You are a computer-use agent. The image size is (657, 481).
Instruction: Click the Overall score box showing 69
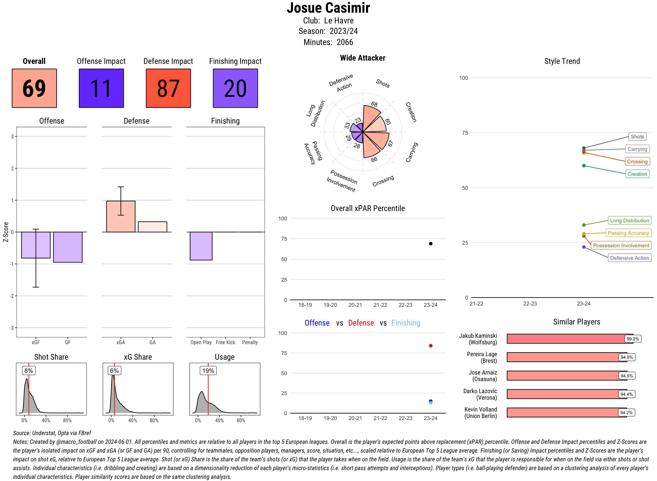(x=34, y=88)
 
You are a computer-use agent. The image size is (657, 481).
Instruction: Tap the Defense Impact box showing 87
(x=168, y=88)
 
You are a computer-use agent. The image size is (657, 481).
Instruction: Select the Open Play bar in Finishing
(x=201, y=246)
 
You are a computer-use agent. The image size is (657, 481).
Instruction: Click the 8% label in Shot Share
(x=28, y=371)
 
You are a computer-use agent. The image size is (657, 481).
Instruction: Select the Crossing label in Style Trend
(x=637, y=162)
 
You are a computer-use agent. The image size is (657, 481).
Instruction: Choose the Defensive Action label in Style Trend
(x=629, y=258)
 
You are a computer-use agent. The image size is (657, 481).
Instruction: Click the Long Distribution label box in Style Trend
(x=629, y=221)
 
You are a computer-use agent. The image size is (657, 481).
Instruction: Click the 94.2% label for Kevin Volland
(x=626, y=413)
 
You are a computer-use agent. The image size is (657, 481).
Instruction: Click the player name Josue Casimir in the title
(x=328, y=8)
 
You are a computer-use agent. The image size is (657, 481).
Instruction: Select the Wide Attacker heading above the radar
(x=362, y=58)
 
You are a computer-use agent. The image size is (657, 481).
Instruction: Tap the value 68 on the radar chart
(x=374, y=104)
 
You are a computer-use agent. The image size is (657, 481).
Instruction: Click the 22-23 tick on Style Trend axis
(x=530, y=304)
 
